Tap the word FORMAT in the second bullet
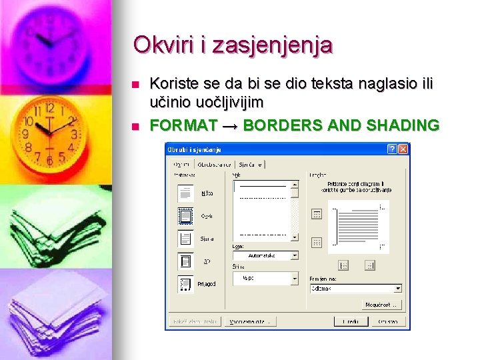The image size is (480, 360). (x=183, y=125)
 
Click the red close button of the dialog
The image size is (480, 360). (x=403, y=149)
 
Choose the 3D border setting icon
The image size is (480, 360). (x=185, y=261)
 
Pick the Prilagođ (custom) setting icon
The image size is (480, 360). (x=185, y=284)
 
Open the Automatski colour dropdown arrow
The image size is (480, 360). (x=295, y=255)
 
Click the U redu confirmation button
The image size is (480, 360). (x=351, y=321)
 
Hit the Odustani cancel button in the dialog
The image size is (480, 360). (x=387, y=321)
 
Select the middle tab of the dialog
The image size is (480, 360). (x=214, y=164)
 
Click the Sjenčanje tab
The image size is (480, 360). (x=250, y=164)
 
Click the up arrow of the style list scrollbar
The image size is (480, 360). (x=295, y=184)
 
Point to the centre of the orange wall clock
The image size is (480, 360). (x=48, y=129)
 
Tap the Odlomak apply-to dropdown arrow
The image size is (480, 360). (x=398, y=289)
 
